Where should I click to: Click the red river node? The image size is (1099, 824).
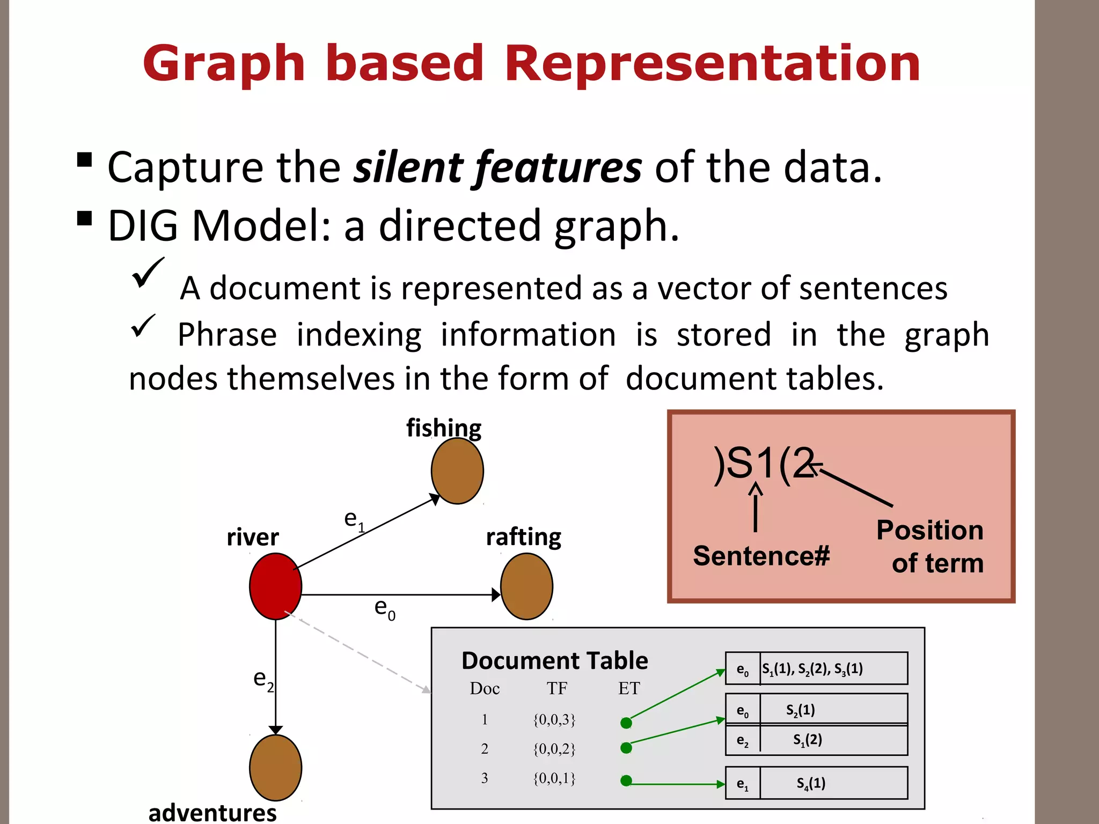tap(275, 586)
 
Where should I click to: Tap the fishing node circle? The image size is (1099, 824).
tap(457, 471)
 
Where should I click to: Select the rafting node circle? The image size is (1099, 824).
tap(526, 586)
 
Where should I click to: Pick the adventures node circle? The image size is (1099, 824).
tap(275, 768)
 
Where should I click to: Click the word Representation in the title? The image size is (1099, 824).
tap(712, 63)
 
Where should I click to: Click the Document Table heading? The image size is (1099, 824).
tap(554, 660)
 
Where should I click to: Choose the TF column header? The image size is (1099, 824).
tap(556, 688)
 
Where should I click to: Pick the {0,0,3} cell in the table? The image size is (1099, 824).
tap(554, 719)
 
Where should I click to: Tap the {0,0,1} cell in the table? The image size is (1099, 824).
tap(554, 778)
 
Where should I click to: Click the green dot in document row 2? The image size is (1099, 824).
tap(626, 748)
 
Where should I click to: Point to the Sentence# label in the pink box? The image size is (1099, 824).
tap(761, 556)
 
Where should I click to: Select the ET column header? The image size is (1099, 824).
tap(629, 688)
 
